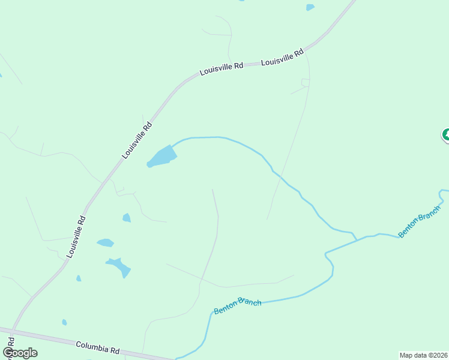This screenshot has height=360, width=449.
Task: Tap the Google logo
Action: pyautogui.click(x=20, y=353)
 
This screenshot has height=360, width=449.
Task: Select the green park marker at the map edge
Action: pyautogui.click(x=446, y=135)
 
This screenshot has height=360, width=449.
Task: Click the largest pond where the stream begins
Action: pyautogui.click(x=162, y=157)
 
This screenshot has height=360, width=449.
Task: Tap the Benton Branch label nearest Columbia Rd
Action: pyautogui.click(x=238, y=305)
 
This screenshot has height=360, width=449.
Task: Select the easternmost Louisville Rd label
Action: pyautogui.click(x=283, y=58)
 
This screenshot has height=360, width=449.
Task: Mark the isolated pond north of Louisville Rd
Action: pyautogui.click(x=310, y=7)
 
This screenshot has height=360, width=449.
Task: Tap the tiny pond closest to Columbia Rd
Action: pyautogui.click(x=64, y=322)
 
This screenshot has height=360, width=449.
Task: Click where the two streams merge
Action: pyautogui.click(x=358, y=239)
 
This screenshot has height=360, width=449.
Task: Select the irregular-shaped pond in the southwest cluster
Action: pyautogui.click(x=119, y=266)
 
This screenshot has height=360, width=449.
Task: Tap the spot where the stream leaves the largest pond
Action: pyautogui.click(x=173, y=146)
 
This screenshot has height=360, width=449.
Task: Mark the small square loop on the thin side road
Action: pyautogui.click(x=305, y=83)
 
